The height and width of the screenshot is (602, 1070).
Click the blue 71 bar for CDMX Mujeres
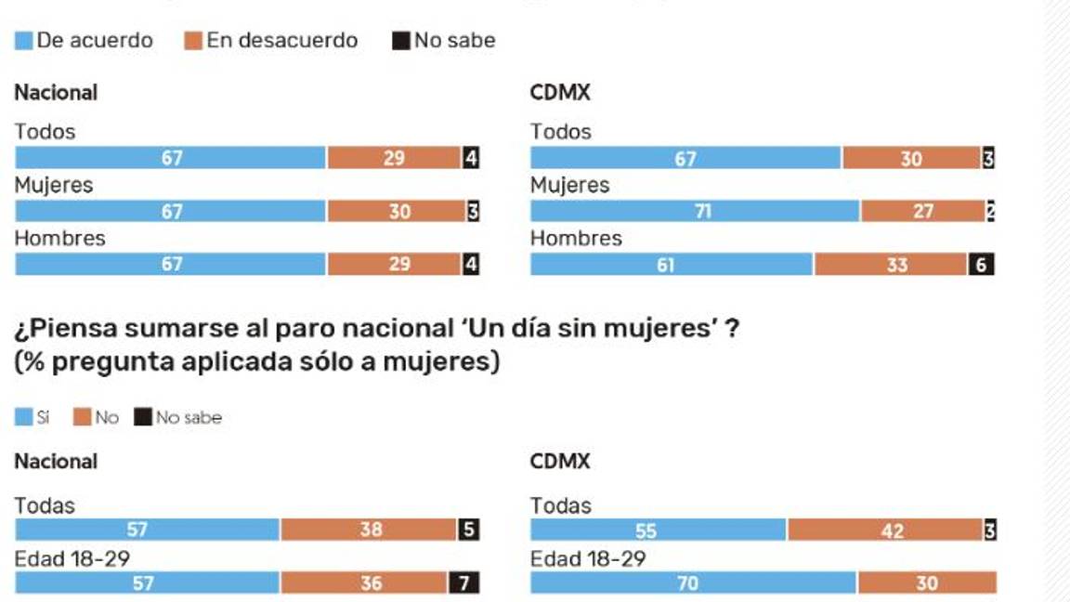[x=695, y=212]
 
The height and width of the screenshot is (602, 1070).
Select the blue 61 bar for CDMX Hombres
[x=672, y=266]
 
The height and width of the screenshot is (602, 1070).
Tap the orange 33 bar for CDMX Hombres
[x=891, y=266]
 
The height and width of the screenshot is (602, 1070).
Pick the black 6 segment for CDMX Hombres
[x=981, y=266]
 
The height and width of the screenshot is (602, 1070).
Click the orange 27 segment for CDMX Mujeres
[x=922, y=212]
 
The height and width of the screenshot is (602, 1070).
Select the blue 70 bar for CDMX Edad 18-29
[x=693, y=583]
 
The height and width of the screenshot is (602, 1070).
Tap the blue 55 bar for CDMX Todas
[x=658, y=530]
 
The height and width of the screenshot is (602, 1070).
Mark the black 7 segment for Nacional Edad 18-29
[x=463, y=583]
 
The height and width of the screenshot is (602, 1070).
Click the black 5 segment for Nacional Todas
[x=468, y=530]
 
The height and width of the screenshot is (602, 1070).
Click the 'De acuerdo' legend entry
[x=84, y=41]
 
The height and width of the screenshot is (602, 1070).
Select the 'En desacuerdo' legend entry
[x=271, y=41]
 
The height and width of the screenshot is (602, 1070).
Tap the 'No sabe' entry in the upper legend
[x=444, y=41]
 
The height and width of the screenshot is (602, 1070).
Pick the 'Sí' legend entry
[x=33, y=418]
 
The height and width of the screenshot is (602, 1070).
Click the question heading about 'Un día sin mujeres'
[x=376, y=329]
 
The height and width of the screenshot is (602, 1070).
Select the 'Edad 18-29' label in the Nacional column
[x=72, y=559]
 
